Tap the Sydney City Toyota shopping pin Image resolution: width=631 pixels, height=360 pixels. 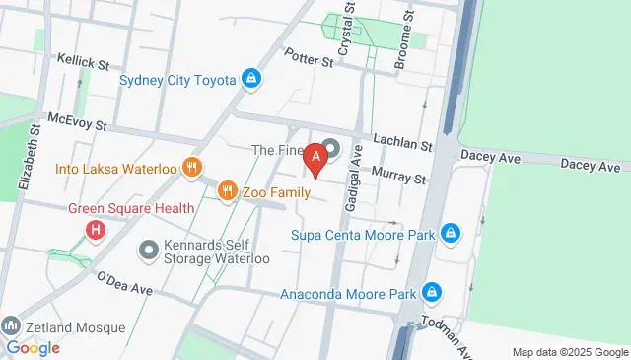click(x=251, y=79)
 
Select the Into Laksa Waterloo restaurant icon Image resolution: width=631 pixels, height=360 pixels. click(x=192, y=168)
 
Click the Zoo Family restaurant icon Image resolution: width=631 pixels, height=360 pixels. click(x=227, y=189)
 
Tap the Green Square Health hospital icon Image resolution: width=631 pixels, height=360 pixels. click(x=96, y=231)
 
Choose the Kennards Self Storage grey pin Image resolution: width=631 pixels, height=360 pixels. click(x=149, y=250)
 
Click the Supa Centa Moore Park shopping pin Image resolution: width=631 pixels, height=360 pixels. click(x=450, y=234)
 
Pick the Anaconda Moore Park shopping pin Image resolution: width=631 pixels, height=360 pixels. click(x=431, y=292)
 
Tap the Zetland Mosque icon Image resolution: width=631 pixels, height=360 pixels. click(x=11, y=325)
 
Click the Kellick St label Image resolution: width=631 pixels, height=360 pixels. click(x=82, y=63)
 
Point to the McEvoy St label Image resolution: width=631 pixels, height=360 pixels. click(x=73, y=122)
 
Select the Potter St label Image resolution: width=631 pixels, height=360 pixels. click(x=310, y=60)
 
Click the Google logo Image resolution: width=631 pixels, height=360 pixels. click(x=33, y=347)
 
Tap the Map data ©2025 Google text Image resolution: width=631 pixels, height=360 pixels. click(x=569, y=352)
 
